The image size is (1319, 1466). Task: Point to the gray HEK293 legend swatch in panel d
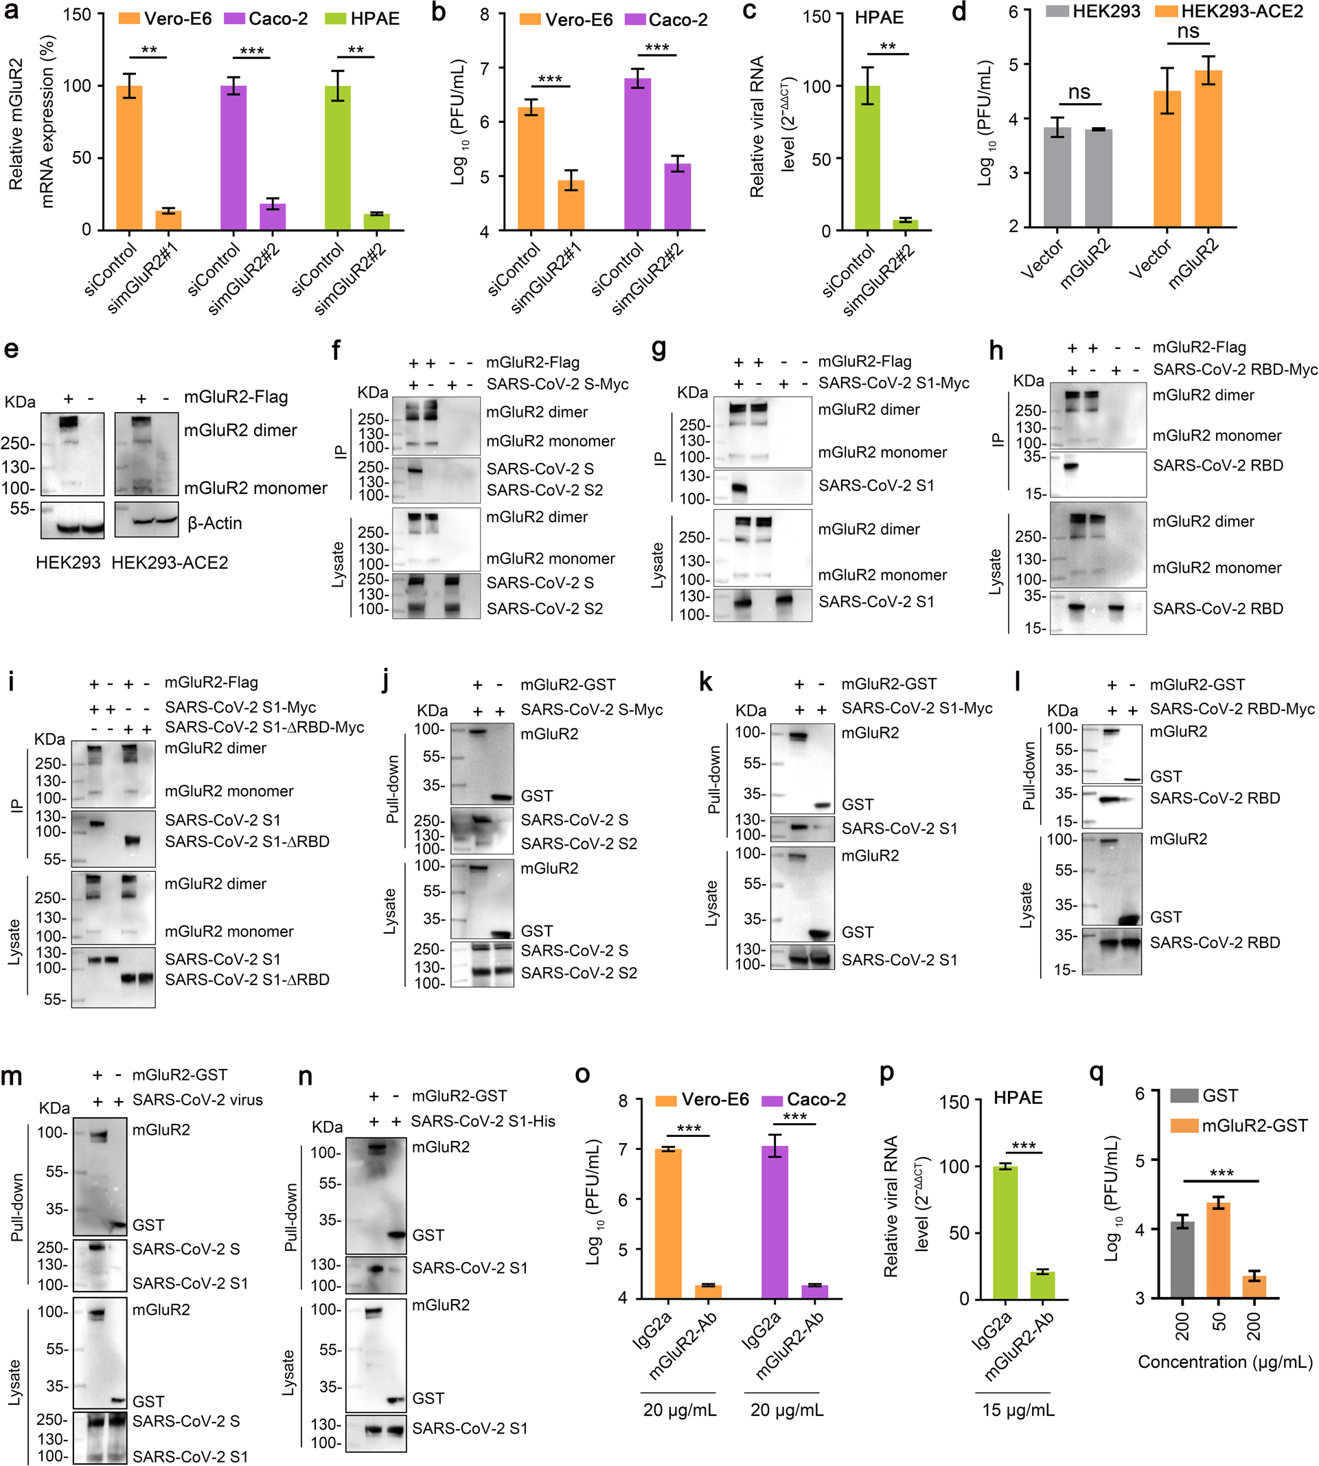coord(1057,12)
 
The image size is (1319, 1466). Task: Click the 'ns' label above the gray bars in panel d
coord(1079,92)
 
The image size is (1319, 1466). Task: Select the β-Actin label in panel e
coord(214,523)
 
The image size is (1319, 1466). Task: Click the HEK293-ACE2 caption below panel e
coord(170,563)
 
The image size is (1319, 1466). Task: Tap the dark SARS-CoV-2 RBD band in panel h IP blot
coord(1071,467)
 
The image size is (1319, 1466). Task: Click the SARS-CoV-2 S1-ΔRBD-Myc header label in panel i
coord(264,728)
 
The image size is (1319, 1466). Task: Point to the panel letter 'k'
coord(705,684)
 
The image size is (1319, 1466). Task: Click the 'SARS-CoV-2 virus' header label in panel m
coord(197,1100)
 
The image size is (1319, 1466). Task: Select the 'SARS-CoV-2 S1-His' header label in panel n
coord(483,1121)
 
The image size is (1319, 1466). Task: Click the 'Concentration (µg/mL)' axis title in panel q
coord(1225,1362)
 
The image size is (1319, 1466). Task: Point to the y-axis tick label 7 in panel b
coord(484,68)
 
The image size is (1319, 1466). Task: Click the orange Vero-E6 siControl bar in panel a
coord(129,157)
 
